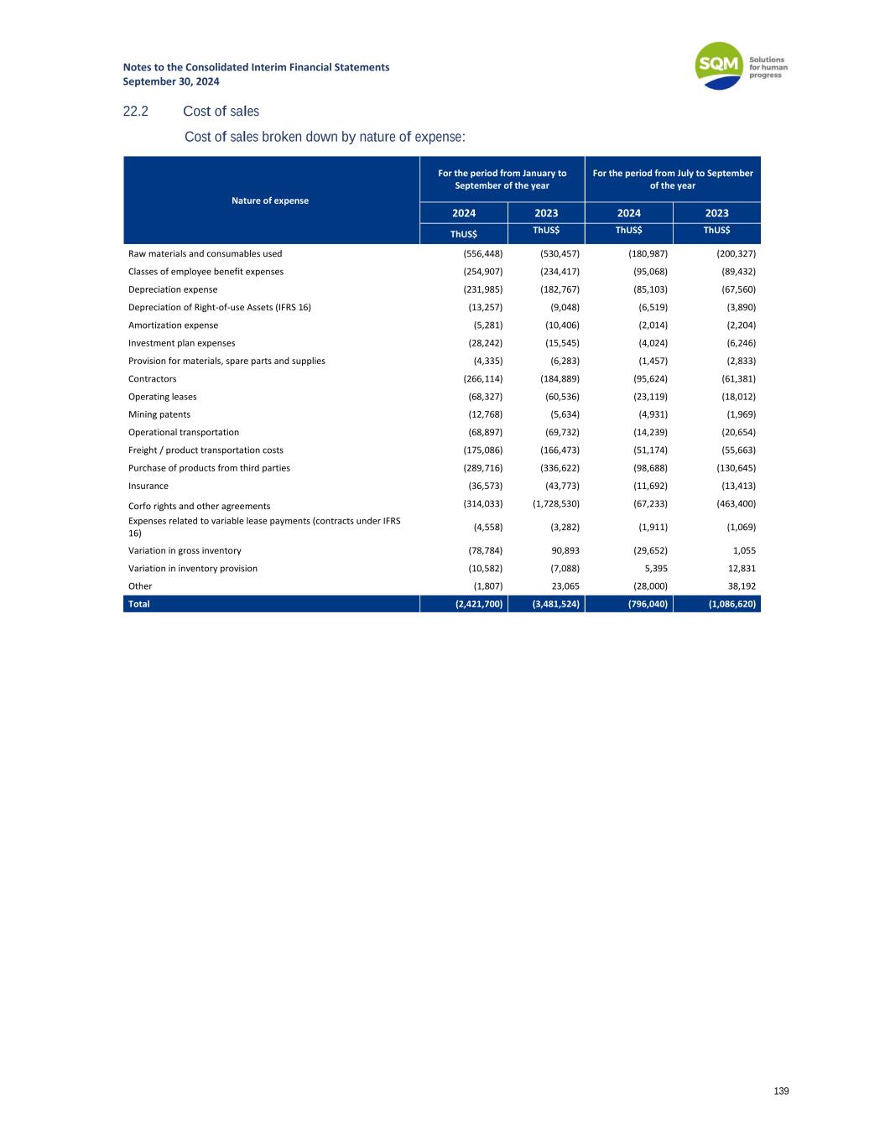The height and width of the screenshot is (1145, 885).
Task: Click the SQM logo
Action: click(x=720, y=65)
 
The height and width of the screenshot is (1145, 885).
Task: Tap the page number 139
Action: click(x=781, y=1091)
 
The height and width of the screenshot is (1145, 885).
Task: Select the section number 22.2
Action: click(x=136, y=112)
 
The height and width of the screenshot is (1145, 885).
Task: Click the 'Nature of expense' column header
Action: click(x=270, y=200)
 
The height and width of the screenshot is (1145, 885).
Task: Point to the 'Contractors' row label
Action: click(x=153, y=379)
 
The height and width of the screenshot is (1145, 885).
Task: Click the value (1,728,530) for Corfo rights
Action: click(x=556, y=504)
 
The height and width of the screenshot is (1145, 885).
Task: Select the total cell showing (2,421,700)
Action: click(x=474, y=604)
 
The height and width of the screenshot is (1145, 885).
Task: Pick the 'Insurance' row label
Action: click(x=148, y=487)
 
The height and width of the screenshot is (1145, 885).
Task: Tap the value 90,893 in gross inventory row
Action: click(x=562, y=551)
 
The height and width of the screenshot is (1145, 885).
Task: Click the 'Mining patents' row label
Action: click(x=159, y=414)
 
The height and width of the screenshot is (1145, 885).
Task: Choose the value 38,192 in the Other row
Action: click(x=738, y=586)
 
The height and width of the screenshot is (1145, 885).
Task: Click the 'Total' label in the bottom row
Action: click(x=139, y=604)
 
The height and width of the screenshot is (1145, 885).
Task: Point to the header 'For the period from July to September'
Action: click(x=673, y=174)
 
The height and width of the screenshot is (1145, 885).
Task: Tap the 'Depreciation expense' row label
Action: click(x=173, y=289)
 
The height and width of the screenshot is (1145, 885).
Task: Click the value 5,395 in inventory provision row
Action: click(x=654, y=569)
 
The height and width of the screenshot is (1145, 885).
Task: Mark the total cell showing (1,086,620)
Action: click(x=726, y=604)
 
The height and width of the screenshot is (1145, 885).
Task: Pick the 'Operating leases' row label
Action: click(x=163, y=397)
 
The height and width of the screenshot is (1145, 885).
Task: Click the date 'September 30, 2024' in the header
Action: click(x=171, y=81)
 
